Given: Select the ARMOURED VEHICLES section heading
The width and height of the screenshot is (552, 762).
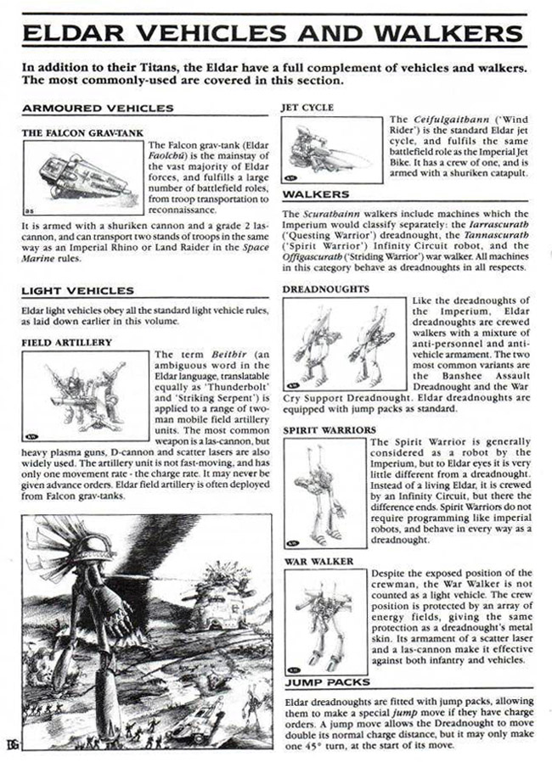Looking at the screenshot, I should click(98, 109).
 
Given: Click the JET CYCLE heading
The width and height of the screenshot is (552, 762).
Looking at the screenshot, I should click(307, 109).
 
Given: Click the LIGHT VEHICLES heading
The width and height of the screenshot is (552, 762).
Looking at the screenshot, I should click(77, 291).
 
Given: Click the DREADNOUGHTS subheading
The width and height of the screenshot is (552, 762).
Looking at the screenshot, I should click(326, 289).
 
